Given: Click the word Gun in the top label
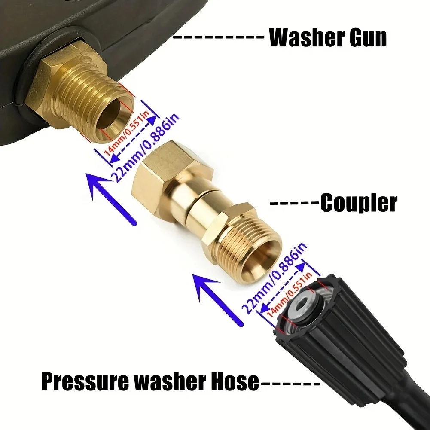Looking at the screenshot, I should (x=366, y=38).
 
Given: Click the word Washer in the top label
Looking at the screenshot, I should (x=305, y=38).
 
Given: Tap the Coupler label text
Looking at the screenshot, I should (x=359, y=203).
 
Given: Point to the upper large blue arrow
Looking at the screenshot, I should (x=110, y=195).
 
